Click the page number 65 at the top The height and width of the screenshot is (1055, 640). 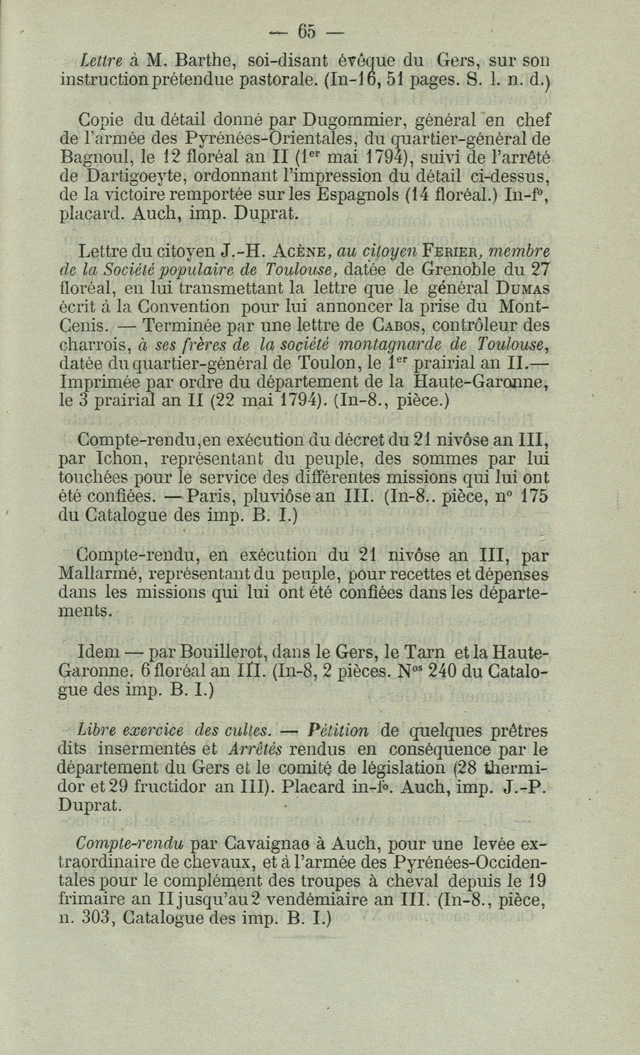pyautogui.click(x=306, y=31)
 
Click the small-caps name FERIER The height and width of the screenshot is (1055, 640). pyautogui.click(x=453, y=251)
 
